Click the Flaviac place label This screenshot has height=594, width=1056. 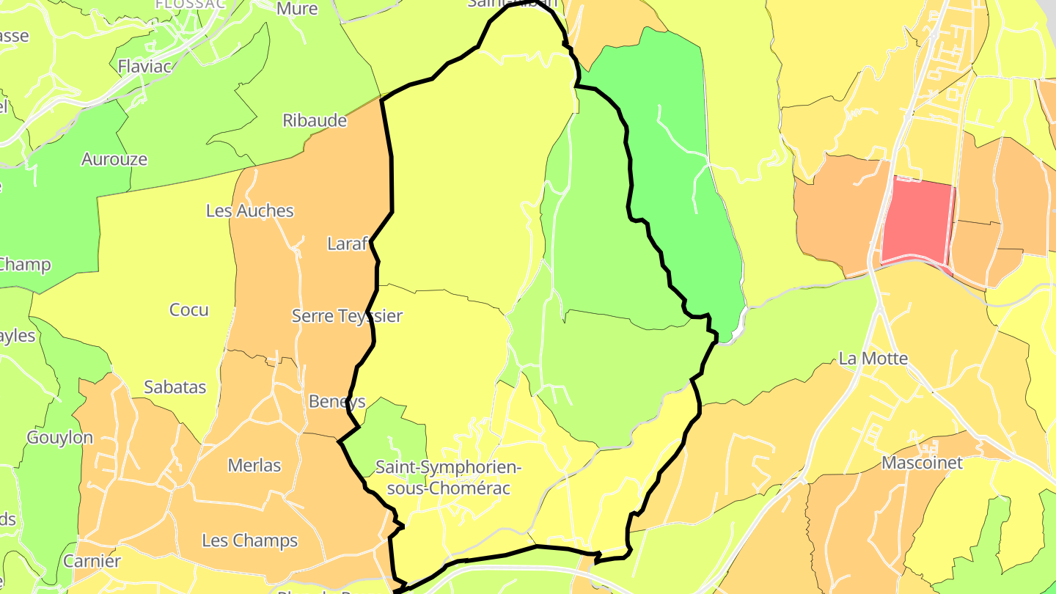pos(144,67)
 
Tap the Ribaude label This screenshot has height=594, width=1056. pos(315,121)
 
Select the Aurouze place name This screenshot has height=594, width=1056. pos(114,159)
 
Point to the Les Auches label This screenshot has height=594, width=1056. pos(249,211)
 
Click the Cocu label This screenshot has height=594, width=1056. pos(189,310)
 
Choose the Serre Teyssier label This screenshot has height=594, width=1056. pos(347,316)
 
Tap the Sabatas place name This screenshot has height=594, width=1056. pos(175,387)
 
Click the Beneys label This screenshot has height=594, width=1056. pos(337,402)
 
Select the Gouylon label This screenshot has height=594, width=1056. pos(60,438)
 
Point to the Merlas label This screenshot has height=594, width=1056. pos(254,465)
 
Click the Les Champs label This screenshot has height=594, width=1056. pos(249,541)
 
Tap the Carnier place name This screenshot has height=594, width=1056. pos(92,562)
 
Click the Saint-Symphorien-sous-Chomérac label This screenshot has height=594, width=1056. pos(447,477)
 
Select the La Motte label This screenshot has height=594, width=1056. pos(873,359)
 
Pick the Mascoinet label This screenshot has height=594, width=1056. pos(922,463)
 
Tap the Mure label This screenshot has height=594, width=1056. pos(297,9)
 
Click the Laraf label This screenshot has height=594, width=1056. pos(347,244)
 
